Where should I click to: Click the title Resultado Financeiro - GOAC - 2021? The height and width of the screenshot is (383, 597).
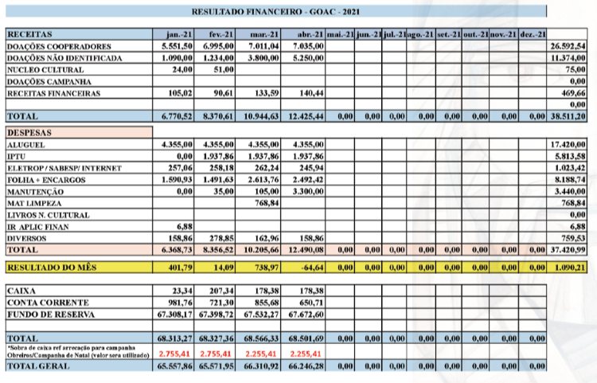[275, 11]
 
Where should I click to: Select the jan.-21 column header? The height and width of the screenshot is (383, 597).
[179, 34]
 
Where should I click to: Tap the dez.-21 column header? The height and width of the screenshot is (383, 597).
[533, 34]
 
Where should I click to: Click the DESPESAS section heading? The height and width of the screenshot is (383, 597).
[29, 132]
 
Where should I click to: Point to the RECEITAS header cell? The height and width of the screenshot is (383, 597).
[29, 34]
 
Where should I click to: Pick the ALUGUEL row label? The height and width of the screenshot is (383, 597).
[26, 145]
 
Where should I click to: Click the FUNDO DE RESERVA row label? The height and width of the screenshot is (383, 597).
[51, 315]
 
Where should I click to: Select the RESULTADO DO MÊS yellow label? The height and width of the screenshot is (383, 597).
[52, 268]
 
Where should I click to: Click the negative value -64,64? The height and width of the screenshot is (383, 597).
[312, 268]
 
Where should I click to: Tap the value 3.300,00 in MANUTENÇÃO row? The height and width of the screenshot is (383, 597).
[308, 191]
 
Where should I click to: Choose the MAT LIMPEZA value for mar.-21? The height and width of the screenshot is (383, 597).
[267, 203]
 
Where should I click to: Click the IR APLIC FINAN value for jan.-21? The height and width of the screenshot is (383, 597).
[185, 226]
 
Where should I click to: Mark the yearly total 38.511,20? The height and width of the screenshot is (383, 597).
[568, 116]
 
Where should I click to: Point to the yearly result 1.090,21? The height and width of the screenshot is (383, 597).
[570, 268]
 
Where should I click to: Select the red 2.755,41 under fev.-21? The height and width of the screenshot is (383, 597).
[216, 354]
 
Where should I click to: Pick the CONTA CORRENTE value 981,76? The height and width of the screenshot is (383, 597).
[181, 303]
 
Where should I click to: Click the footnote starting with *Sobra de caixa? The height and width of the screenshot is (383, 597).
[79, 351]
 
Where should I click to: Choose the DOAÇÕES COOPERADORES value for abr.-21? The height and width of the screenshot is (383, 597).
[308, 46]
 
